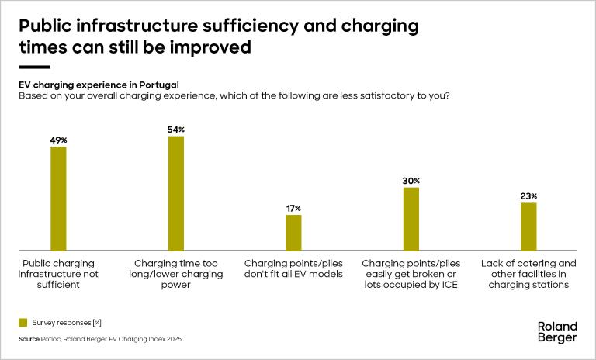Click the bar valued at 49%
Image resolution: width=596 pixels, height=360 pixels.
pyautogui.click(x=58, y=198)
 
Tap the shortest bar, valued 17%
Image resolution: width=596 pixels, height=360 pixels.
pyautogui.click(x=293, y=232)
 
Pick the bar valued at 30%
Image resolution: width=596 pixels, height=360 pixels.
pyautogui.click(x=411, y=218)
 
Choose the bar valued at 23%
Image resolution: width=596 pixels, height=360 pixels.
pyautogui.click(x=528, y=226)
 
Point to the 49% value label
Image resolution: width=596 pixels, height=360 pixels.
pyautogui.click(x=59, y=140)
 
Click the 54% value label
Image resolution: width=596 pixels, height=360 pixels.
pyautogui.click(x=176, y=130)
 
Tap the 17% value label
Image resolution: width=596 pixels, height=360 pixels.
pyautogui.click(x=293, y=209)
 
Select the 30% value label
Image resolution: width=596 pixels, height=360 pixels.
pyautogui.click(x=411, y=181)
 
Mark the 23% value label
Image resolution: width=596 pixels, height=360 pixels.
pyautogui.click(x=529, y=196)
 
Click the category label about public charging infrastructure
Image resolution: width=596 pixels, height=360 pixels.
pyautogui.click(x=59, y=273)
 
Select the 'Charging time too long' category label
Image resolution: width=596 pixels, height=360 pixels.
pyautogui.click(x=176, y=273)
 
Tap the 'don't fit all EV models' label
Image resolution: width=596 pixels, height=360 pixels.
pyautogui.click(x=293, y=268)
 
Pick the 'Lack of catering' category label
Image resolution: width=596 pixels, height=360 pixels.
pyautogui.click(x=528, y=273)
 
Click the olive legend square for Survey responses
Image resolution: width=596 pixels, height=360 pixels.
pyautogui.click(x=23, y=322)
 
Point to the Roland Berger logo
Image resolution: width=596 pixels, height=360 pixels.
pyautogui.click(x=556, y=331)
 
